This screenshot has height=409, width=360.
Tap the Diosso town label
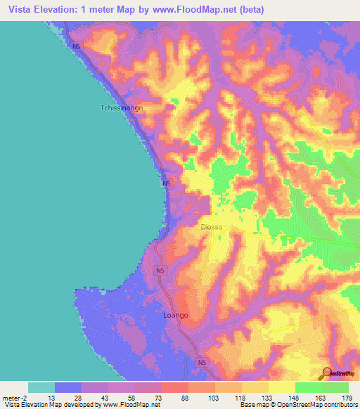[212, 227]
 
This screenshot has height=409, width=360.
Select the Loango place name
[176, 316]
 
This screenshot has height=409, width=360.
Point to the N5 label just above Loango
[160, 271]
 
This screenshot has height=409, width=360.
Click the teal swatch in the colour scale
[41, 387]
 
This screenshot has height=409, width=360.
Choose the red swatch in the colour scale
[175, 387]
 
